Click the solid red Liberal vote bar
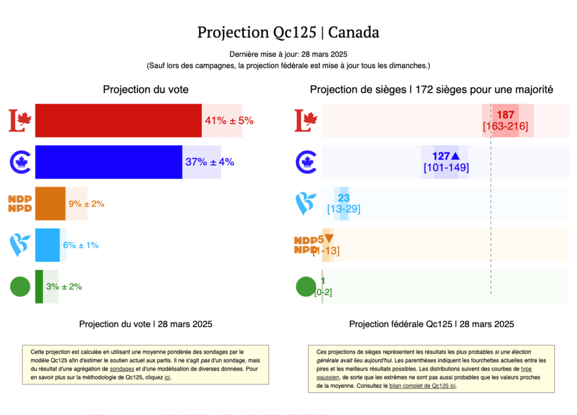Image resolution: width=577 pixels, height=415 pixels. tap(118, 121)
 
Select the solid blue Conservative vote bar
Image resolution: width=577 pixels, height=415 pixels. tap(108, 162)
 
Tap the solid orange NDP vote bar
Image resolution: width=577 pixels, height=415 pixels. tap(50, 203)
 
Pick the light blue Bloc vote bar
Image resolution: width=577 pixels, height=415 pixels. tap(47, 245)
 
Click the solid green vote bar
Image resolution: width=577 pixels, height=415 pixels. tap(39, 287)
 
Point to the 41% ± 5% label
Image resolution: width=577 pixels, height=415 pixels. tap(229, 121)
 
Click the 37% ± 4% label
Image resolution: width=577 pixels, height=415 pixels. tap(210, 162)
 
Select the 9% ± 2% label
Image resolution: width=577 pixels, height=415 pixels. tap(86, 204)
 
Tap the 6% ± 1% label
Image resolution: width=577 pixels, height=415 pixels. tap(81, 246)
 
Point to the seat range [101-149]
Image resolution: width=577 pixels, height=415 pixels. tap(446, 168)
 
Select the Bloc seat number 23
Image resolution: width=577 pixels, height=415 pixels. tap(344, 198)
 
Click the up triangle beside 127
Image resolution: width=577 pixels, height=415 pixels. tap(455, 156)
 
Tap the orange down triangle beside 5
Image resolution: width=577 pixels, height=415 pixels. tap(329, 239)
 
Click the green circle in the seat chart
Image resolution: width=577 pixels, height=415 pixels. tap(306, 287)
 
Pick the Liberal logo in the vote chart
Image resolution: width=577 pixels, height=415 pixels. tap(20, 121)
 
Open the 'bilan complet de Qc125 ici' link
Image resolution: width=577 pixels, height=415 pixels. tap(423, 386)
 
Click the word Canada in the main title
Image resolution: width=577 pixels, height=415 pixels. tap(353, 32)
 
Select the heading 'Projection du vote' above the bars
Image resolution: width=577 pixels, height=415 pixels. tap(145, 90)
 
